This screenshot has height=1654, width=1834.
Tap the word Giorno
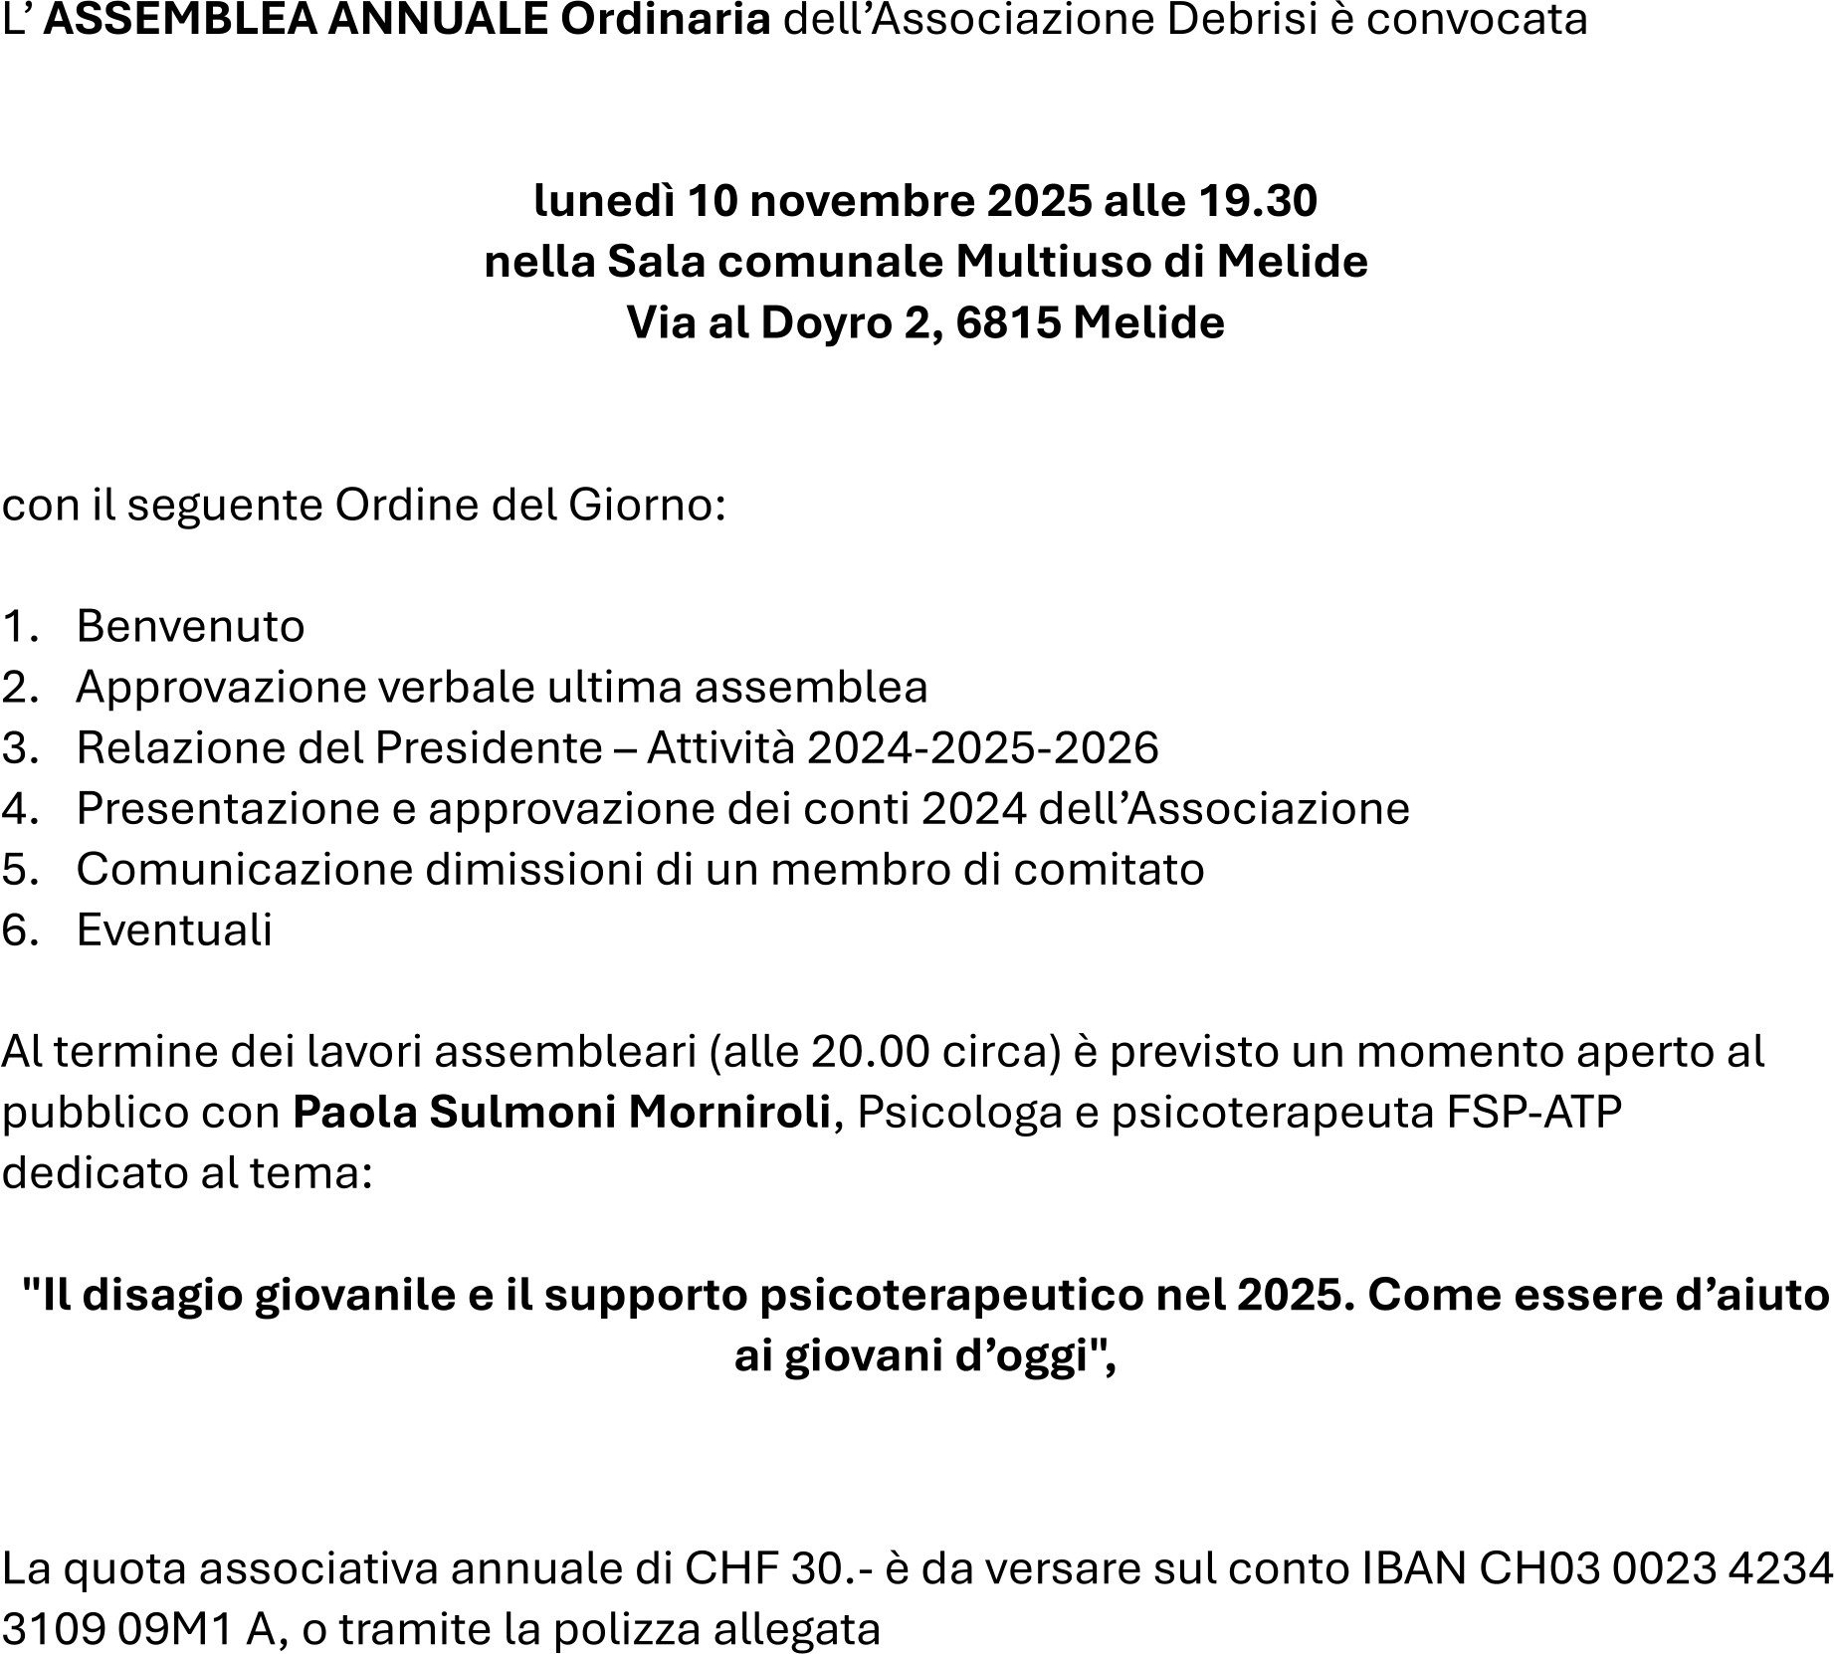pos(639,506)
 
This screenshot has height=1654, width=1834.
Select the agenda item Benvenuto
pos(190,627)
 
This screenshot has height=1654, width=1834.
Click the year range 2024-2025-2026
pos(983,748)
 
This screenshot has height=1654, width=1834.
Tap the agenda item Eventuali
pos(174,930)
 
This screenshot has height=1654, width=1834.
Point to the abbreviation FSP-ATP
pos(1532,1113)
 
